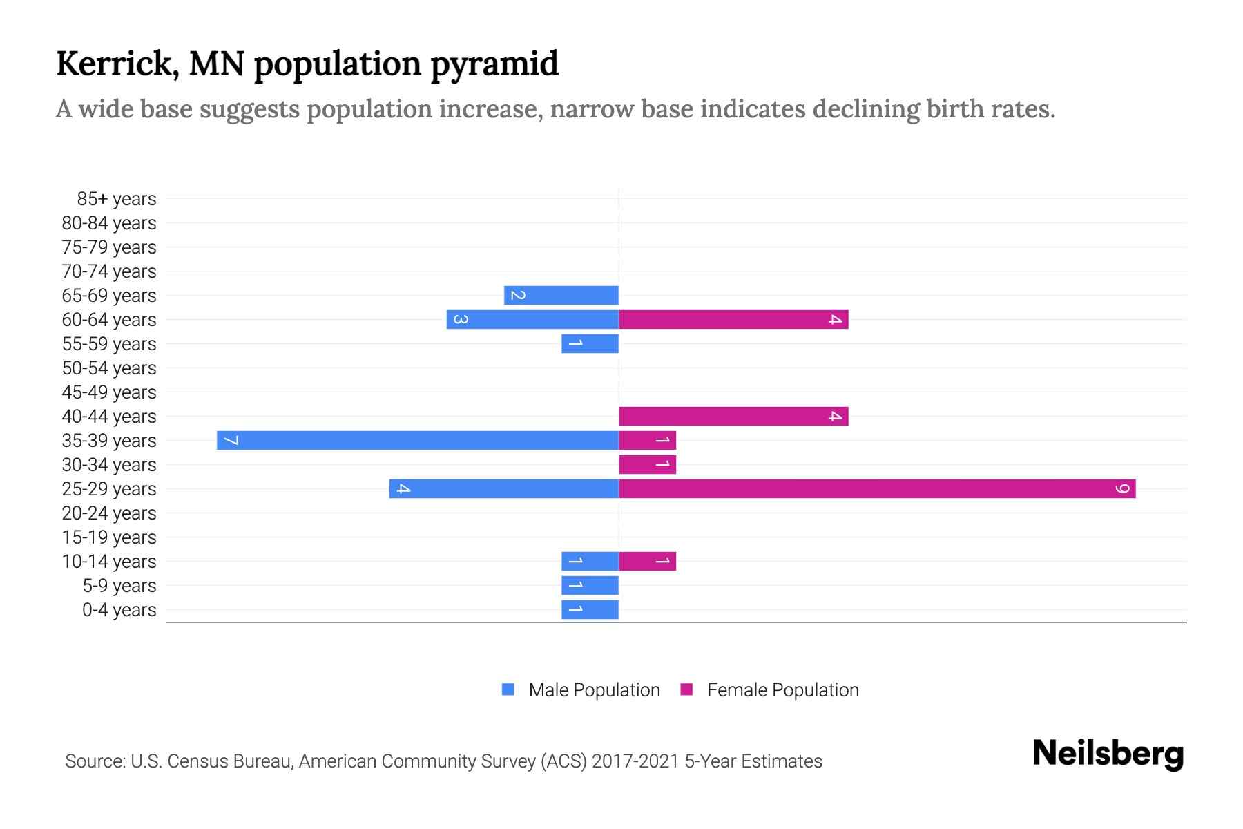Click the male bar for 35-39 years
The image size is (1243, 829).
pos(418,440)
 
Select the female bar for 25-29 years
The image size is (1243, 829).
pos(877,488)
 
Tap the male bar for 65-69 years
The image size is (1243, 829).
pos(561,295)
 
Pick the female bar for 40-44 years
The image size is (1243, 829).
pos(733,416)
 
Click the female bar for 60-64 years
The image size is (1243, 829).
pos(733,319)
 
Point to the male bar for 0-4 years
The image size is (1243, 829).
pos(590,609)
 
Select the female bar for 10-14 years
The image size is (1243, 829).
pos(647,561)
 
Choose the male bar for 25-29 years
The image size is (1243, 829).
pos(504,488)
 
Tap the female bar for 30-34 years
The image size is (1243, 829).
pos(647,464)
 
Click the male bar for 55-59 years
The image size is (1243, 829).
pos(590,343)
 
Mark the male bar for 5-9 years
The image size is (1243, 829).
pos(590,585)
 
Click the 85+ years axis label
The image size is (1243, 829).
pos(117,199)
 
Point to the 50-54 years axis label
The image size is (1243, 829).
pos(109,368)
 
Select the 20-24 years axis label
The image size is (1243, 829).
pos(109,513)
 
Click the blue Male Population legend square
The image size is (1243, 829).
pos(508,689)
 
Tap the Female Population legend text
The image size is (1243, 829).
pos(782,690)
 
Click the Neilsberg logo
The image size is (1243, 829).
pos(1108,754)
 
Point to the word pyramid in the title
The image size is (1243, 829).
pos(494,64)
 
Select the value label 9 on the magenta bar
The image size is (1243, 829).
pos(1122,488)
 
